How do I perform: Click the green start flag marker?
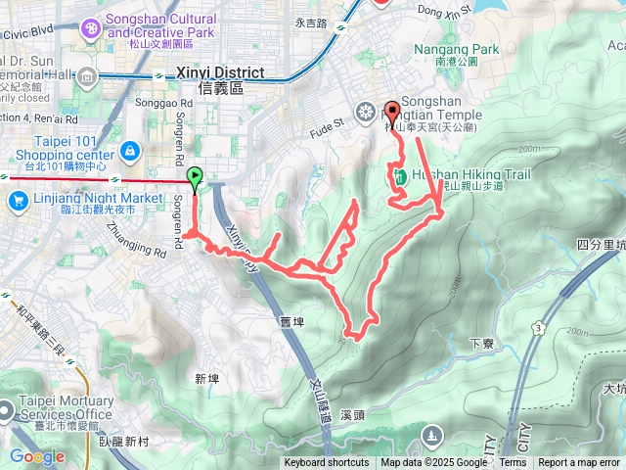(195, 178)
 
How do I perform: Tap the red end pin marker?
(392, 111)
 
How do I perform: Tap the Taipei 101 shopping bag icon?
(129, 150)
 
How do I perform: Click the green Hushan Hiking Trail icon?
(401, 176)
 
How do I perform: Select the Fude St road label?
(329, 124)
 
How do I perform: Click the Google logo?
(37, 457)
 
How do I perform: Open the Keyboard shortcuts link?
(327, 463)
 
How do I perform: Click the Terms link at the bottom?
(513, 463)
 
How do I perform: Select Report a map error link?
(579, 463)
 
